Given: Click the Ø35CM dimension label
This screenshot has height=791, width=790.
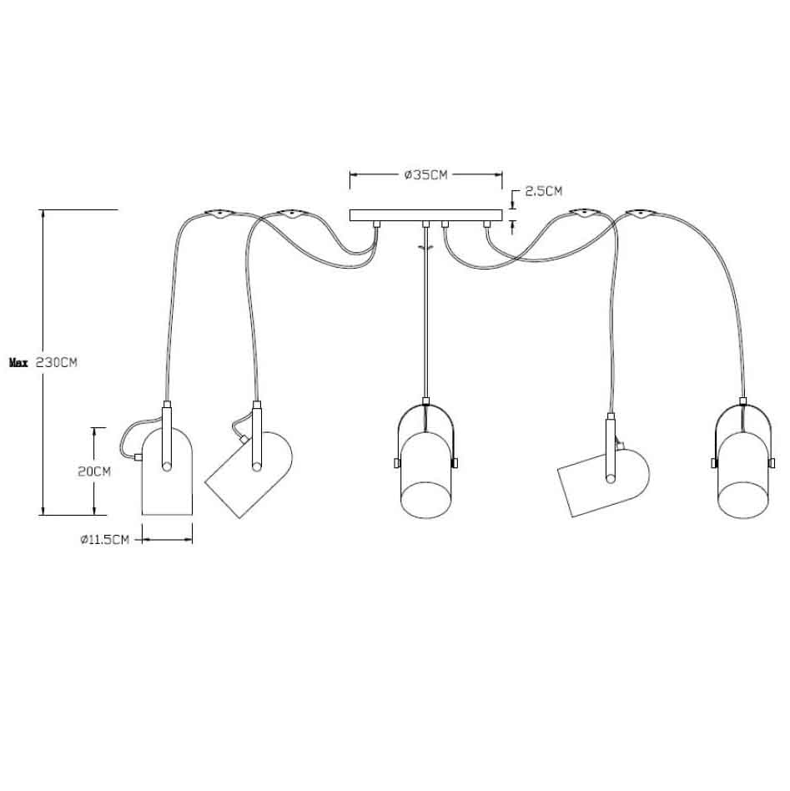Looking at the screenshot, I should tap(425, 175).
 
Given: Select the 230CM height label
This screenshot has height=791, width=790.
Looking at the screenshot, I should tap(58, 363).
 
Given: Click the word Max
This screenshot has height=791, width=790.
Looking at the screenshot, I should tap(18, 363).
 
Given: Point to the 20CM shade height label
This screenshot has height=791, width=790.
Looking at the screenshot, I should tap(94, 471).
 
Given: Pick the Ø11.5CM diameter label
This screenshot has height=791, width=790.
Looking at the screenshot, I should tap(105, 540).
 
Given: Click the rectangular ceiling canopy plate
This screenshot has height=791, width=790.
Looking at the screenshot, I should tap(425, 215).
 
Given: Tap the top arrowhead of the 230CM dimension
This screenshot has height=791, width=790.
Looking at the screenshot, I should tap(43, 214).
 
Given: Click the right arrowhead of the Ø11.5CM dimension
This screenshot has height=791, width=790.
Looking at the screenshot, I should tap(189, 540).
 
